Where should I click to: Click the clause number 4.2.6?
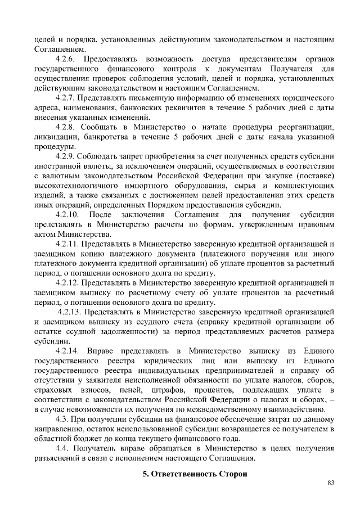(69, 59)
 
